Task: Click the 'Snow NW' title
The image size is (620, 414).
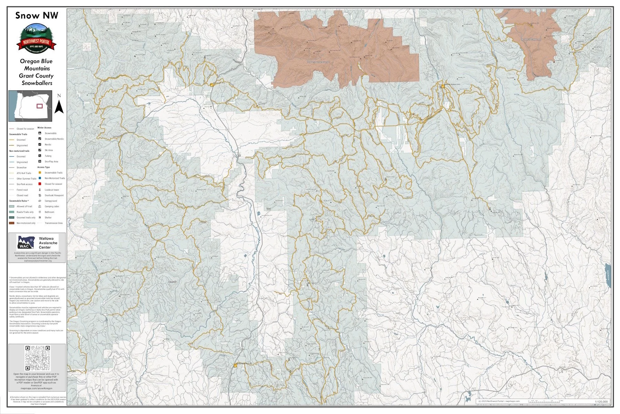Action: (x=37, y=15)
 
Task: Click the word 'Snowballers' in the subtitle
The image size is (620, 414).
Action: (x=37, y=83)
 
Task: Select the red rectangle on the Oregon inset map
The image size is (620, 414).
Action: (x=40, y=106)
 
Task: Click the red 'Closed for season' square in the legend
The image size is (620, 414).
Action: (x=40, y=184)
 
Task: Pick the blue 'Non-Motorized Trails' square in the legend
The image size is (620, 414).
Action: (x=40, y=178)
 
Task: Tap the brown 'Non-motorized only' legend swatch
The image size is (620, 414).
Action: (x=12, y=223)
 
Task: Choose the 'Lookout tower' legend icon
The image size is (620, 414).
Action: (x=40, y=190)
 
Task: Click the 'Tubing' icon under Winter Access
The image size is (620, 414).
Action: (x=40, y=156)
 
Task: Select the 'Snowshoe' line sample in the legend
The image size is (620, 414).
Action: (x=12, y=168)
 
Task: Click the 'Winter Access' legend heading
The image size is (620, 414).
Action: (x=44, y=128)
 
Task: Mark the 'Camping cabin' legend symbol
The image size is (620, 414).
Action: (x=40, y=206)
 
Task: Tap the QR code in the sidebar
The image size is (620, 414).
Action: (x=37, y=358)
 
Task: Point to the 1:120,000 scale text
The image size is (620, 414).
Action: (x=601, y=402)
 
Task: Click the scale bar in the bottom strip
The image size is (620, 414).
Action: (x=544, y=401)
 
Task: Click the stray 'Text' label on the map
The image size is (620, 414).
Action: (x=268, y=209)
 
